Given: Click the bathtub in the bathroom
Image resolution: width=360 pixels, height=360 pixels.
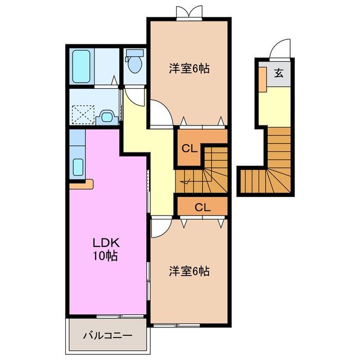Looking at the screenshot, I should [81, 66].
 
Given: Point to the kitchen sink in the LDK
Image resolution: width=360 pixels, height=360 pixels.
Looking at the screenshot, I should [78, 166].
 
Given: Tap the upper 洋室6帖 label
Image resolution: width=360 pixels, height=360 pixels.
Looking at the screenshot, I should [190, 69].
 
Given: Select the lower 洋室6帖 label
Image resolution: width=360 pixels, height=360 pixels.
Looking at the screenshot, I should [190, 271].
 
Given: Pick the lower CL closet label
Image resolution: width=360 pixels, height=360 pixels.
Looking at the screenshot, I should [202, 207].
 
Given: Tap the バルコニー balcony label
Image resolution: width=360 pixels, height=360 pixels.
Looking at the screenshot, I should [107, 336].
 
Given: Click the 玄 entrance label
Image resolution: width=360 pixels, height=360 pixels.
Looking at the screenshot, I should [278, 73].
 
